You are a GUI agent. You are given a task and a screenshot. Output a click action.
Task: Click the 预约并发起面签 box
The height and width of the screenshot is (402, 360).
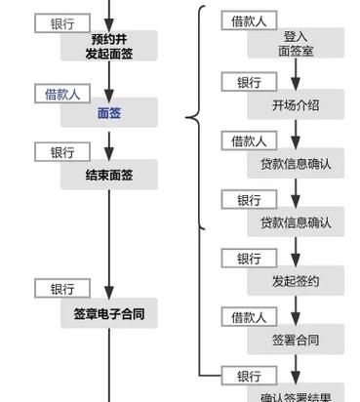109,47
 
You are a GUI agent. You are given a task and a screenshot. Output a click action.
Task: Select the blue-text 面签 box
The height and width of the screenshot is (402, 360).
109,113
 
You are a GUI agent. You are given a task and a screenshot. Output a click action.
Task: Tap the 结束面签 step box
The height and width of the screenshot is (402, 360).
109,175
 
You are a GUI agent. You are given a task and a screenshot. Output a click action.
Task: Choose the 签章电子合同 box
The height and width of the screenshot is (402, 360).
109,314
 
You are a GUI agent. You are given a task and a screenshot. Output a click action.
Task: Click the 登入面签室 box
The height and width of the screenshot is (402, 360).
296,44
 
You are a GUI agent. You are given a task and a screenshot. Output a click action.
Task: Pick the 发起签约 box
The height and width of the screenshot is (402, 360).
296,281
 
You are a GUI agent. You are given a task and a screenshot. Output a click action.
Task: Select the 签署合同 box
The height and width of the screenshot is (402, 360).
296,341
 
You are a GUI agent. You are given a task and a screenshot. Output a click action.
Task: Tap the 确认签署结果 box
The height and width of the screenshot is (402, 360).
296,394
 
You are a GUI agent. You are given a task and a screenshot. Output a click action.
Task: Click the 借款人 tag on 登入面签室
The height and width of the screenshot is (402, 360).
249,20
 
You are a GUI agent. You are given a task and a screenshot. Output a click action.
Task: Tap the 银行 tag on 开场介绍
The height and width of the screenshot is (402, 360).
249,83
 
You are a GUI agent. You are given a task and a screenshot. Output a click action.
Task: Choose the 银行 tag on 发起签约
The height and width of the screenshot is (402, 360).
249,259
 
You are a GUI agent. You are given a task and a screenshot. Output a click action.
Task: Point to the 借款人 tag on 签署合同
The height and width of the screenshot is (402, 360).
249,317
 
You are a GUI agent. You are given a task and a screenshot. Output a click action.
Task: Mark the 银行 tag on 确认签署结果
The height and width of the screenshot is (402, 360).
249,376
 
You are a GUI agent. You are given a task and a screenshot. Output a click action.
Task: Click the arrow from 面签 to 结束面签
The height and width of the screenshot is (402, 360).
109,143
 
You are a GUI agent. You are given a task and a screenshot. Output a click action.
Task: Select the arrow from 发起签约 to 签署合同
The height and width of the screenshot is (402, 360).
296,311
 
